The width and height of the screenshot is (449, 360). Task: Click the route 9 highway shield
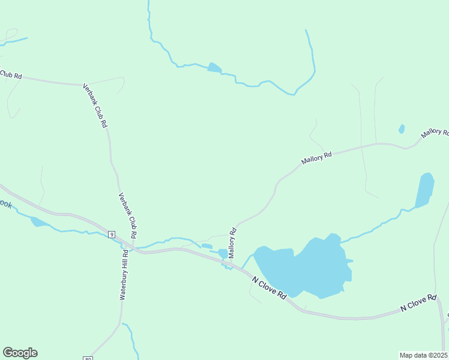(112, 234)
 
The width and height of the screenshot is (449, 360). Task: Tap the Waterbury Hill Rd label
(124, 275)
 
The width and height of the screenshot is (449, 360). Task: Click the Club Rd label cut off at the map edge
(11, 74)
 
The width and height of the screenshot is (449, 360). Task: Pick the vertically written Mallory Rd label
(231, 243)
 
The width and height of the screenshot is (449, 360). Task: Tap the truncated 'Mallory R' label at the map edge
(435, 132)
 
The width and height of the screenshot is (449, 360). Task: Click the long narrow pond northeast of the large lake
(424, 190)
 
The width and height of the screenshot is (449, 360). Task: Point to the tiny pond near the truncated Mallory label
(402, 128)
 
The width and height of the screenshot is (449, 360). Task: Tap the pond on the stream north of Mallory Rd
(214, 67)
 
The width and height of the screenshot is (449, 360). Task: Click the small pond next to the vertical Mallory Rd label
(223, 254)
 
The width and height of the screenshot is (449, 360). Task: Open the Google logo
(20, 352)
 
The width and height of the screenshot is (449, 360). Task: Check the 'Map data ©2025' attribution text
(423, 355)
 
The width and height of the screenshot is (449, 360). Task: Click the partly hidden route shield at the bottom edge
(88, 358)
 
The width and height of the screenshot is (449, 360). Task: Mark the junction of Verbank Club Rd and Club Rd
(83, 85)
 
